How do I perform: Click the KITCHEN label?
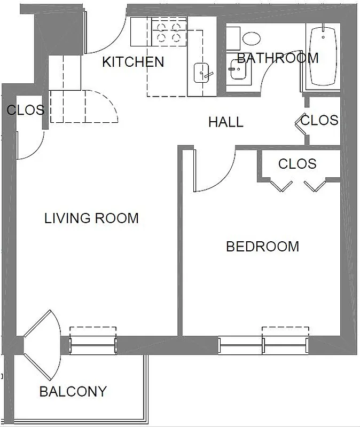133,62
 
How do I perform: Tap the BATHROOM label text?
277,58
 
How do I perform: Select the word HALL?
225,122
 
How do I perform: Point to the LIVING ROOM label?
91,218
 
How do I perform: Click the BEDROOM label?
262,247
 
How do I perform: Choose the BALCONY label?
73,392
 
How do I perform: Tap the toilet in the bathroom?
251,38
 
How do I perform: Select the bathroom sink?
236,68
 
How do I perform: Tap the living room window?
93,345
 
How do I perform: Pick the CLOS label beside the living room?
25,110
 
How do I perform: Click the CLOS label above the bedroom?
297,164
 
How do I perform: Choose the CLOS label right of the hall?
319,121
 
